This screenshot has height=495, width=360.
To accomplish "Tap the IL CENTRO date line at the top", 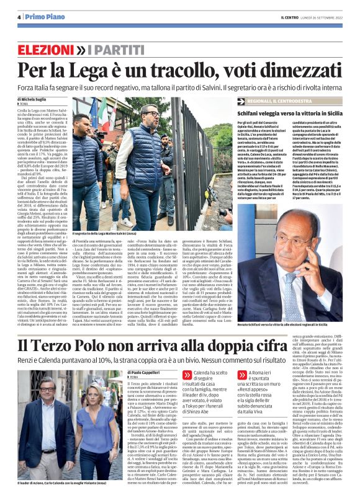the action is point(310,17).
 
